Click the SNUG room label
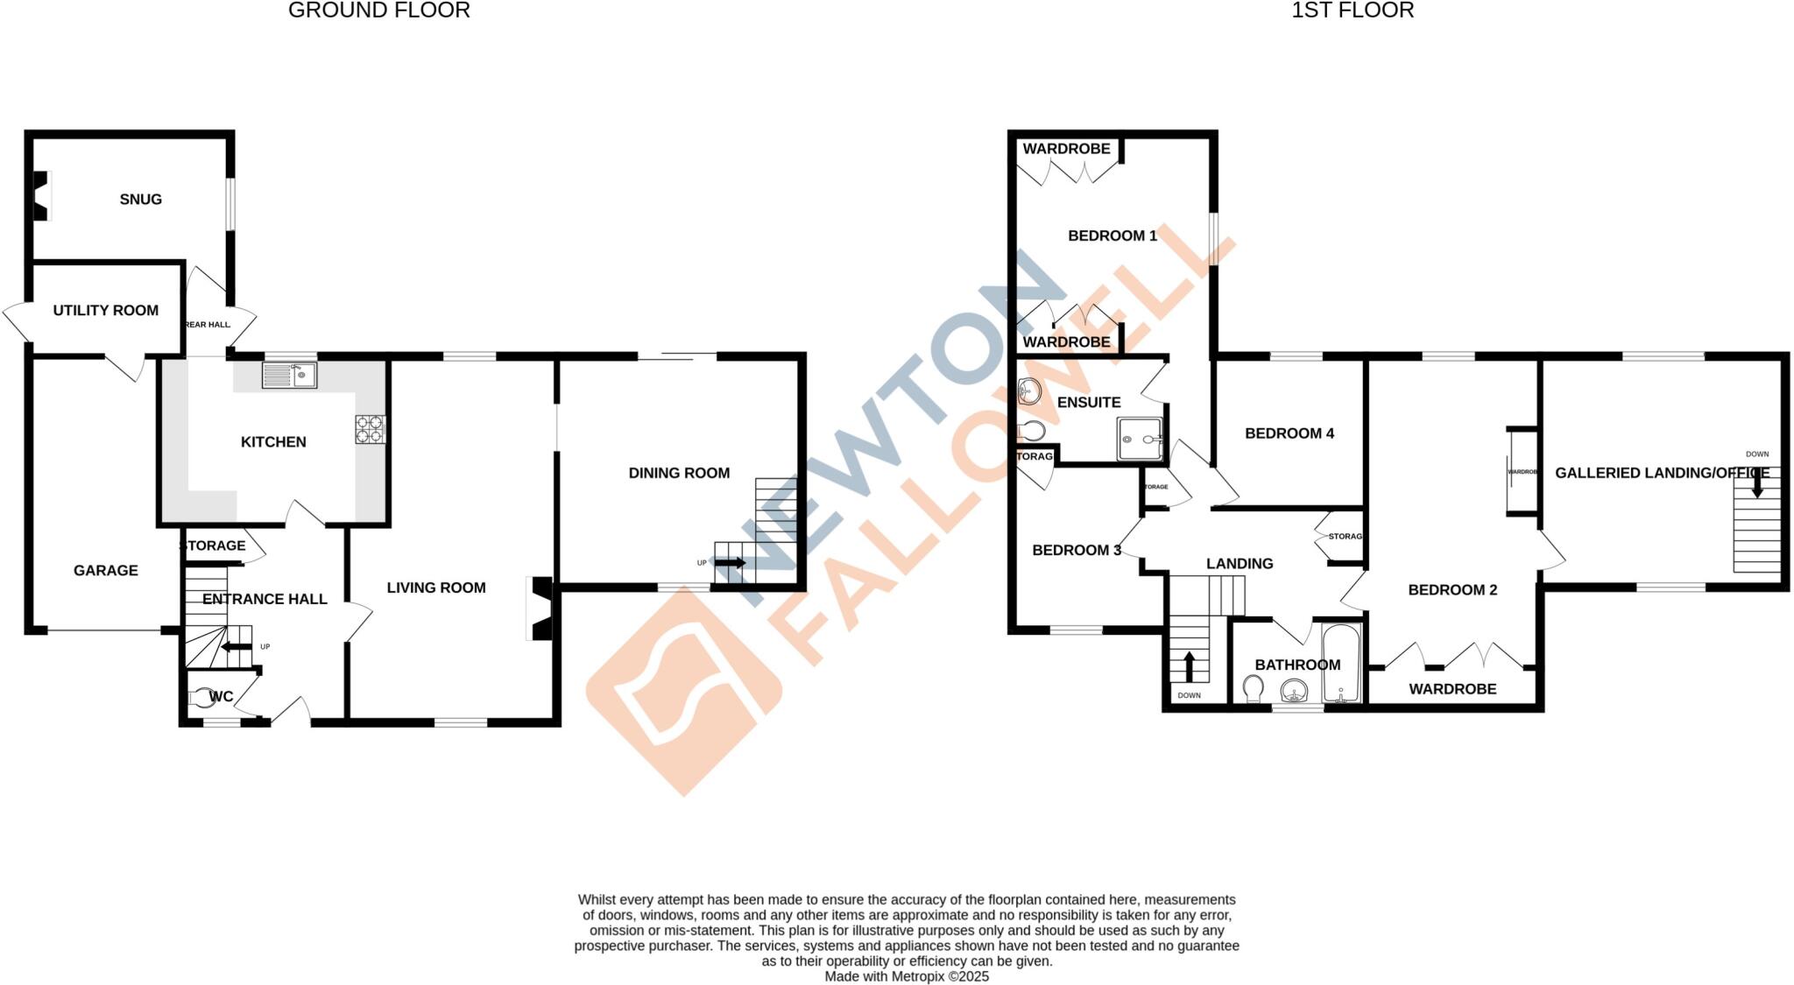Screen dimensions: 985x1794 click(x=140, y=200)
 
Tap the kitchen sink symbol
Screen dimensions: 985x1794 click(x=290, y=376)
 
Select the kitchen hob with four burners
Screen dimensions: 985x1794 click(x=369, y=429)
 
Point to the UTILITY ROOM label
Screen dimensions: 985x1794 click(x=105, y=311)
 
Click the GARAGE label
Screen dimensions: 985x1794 click(x=105, y=571)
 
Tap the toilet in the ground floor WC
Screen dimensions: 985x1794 click(x=202, y=697)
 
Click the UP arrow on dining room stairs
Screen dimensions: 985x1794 click(x=730, y=563)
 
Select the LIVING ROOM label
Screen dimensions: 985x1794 click(x=436, y=588)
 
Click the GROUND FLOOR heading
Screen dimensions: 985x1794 click(x=378, y=11)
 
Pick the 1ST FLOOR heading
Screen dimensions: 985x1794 click(x=1352, y=11)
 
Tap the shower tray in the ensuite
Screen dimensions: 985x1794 click(x=1140, y=439)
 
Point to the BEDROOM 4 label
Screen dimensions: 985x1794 click(x=1289, y=433)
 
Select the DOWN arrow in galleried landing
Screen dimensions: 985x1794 click(x=1756, y=483)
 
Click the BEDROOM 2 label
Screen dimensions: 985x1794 click(x=1452, y=590)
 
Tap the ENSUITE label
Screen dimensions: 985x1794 click(x=1089, y=403)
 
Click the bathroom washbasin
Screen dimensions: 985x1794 click(x=1294, y=693)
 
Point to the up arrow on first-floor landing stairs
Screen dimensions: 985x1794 click(x=1190, y=665)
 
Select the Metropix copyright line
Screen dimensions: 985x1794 click(x=907, y=976)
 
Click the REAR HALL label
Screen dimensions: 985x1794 click(x=207, y=325)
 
